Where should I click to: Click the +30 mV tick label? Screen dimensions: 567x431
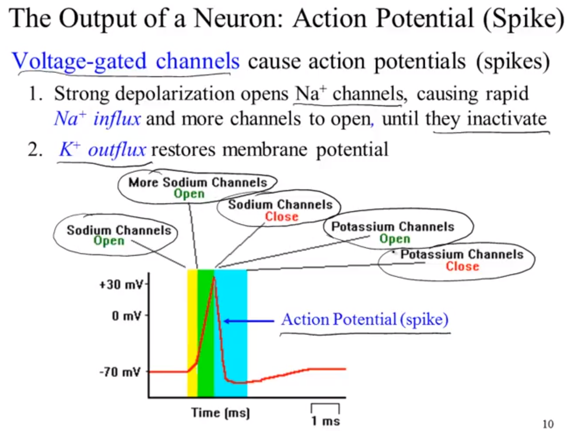point(121,285)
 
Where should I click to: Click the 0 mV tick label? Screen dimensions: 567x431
point(127,316)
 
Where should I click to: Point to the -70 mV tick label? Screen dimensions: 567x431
point(120,372)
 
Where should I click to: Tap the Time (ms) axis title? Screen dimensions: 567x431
point(220,413)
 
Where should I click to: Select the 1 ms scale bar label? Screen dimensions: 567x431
point(325,421)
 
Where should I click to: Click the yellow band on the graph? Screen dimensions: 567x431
point(192,333)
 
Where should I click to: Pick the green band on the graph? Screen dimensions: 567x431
point(206,333)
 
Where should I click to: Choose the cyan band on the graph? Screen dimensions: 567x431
point(230,333)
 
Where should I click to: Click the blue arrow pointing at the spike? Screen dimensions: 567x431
point(249,321)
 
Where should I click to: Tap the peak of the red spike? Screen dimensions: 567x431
point(214,277)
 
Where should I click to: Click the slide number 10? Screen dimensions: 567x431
point(548,424)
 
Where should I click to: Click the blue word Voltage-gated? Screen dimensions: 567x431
point(79,61)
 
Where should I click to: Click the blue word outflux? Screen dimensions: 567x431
point(117,150)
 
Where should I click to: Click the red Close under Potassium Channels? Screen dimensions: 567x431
point(462,266)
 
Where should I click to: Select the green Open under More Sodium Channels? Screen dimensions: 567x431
point(189,194)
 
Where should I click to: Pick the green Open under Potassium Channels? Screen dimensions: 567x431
point(395,239)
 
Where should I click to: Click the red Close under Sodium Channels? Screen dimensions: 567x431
point(282,216)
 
